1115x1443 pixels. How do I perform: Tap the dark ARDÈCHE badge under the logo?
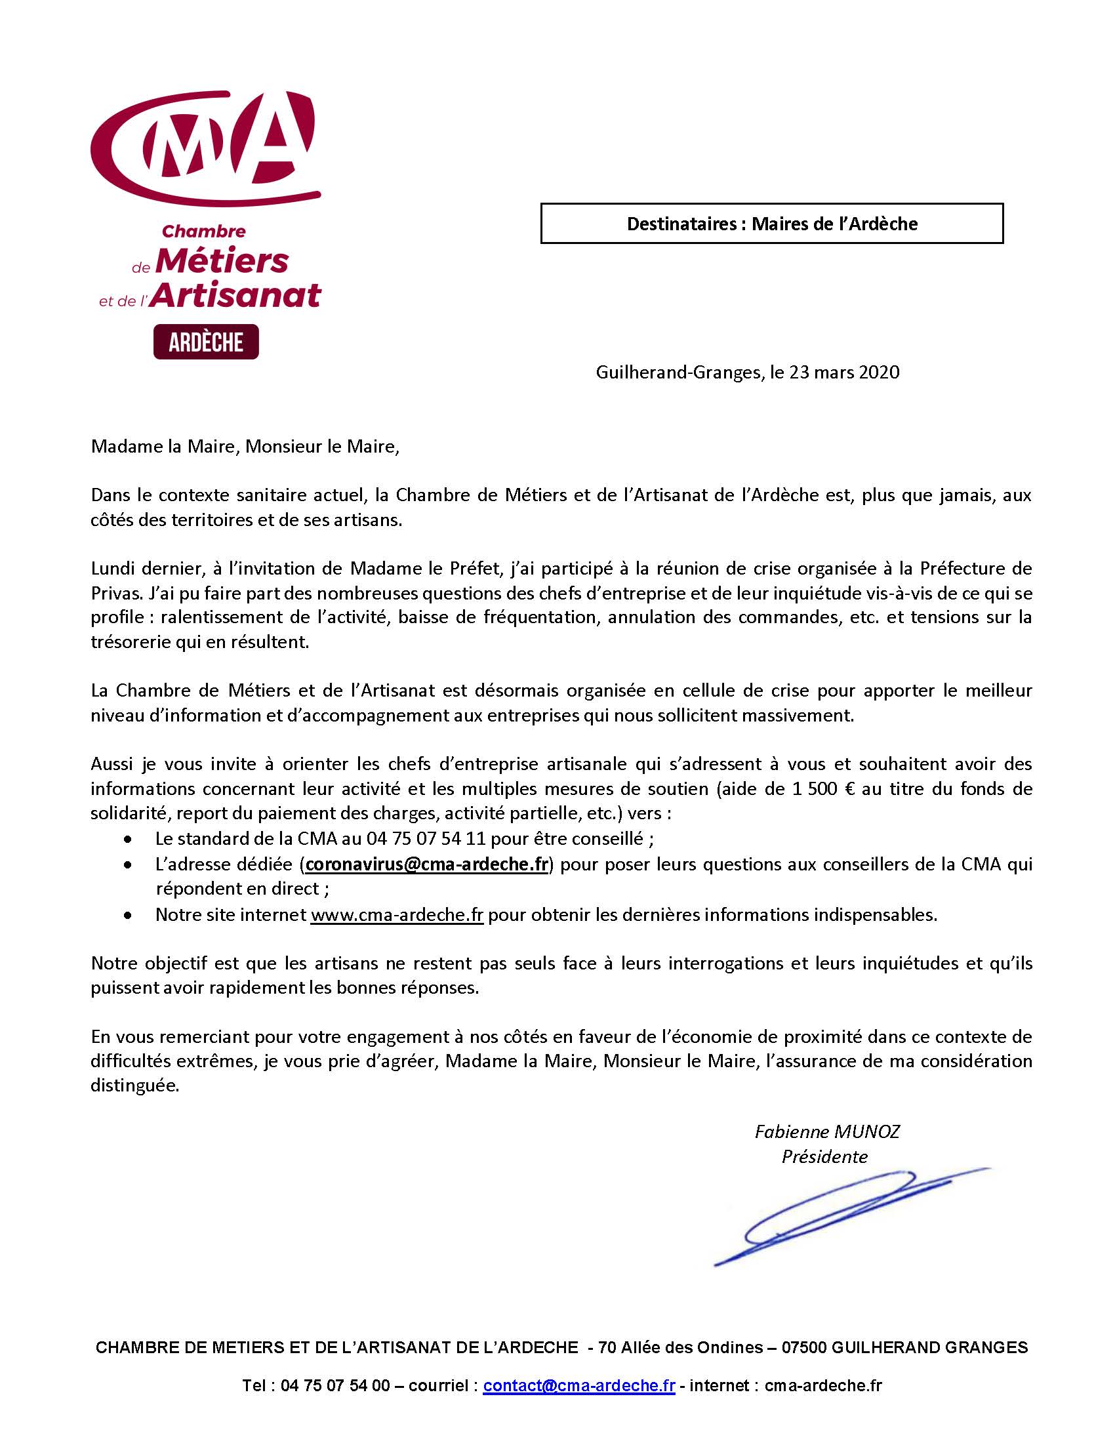(x=205, y=342)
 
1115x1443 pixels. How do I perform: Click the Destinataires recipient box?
(x=771, y=224)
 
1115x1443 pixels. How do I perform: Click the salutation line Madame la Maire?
(x=245, y=447)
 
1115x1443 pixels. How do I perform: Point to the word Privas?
(x=113, y=593)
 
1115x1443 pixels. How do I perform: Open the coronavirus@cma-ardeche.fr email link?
(x=427, y=864)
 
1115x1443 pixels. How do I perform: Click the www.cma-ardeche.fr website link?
(x=397, y=915)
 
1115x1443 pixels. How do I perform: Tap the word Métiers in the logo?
(x=222, y=262)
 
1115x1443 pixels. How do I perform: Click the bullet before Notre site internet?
(x=127, y=916)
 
